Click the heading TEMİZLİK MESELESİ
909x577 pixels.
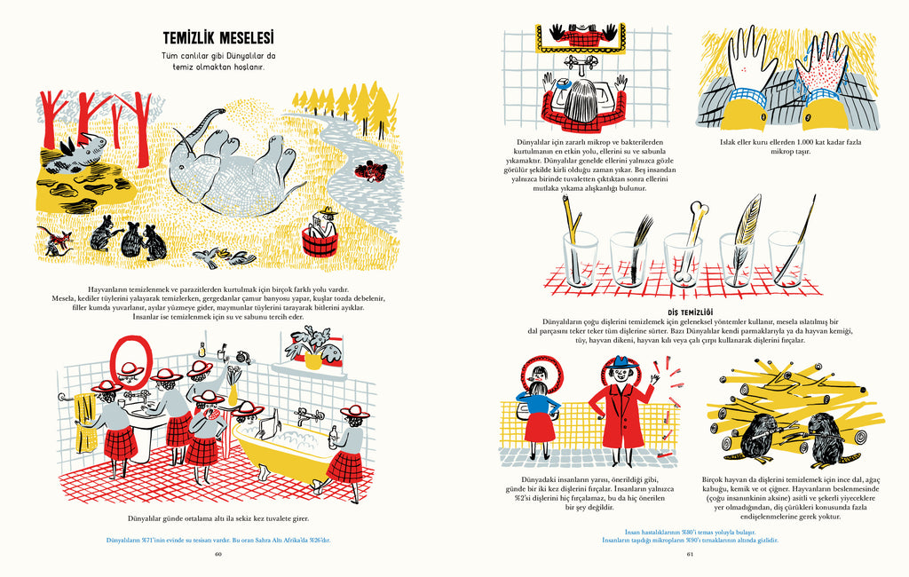tap(218, 38)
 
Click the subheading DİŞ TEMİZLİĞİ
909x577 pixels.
tap(691, 312)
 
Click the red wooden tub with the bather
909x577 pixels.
tap(320, 241)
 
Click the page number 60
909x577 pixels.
tap(218, 554)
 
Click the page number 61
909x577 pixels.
tap(690, 554)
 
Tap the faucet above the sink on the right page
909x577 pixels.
tap(581, 63)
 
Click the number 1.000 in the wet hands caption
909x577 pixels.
tap(807, 142)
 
